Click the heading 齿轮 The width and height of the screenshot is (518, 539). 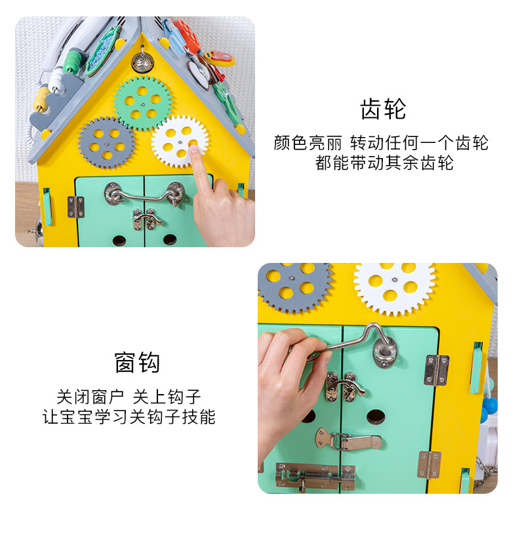coord(383,110)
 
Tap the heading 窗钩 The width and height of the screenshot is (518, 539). coord(137,362)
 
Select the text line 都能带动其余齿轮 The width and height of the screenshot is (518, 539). coord(384,163)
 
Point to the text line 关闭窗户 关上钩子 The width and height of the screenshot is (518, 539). coord(129,396)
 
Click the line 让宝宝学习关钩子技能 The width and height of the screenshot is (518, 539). coord(129,416)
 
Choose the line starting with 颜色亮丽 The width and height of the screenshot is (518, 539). coord(381,143)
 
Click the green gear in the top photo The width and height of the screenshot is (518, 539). coord(142,102)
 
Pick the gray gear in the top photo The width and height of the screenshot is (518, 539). coord(107,142)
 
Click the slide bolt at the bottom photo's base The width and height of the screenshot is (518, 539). coord(315,477)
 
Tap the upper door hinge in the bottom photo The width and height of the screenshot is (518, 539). coord(436,370)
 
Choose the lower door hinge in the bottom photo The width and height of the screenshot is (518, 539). coord(430,464)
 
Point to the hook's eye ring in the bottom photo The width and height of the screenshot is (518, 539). coord(384,349)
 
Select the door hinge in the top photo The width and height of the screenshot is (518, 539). coord(75,207)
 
